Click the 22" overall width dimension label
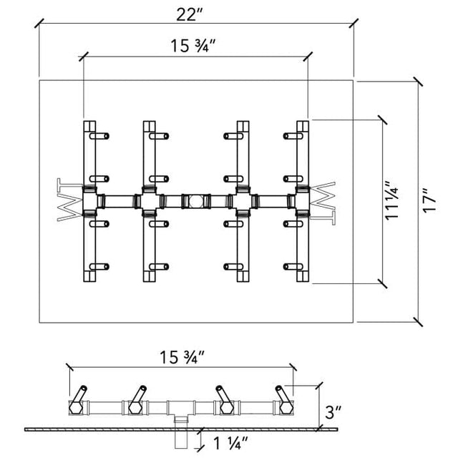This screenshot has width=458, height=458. [189, 14]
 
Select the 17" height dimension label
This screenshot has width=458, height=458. [429, 200]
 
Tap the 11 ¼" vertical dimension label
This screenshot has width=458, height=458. [391, 200]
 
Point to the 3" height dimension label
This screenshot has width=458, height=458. [333, 412]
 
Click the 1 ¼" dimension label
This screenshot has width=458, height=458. [230, 443]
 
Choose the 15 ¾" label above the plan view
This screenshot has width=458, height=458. [193, 46]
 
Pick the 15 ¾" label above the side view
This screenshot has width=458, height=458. [181, 357]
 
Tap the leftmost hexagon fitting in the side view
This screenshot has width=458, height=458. [77, 407]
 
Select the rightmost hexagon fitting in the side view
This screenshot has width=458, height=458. [286, 407]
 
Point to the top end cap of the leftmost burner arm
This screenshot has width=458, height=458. [89, 126]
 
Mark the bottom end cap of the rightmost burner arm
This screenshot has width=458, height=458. [303, 276]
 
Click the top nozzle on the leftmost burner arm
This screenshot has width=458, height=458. [99, 136]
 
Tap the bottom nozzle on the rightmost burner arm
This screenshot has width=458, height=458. [293, 266]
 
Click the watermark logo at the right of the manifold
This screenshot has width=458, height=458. [322, 203]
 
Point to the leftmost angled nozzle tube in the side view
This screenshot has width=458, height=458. [79, 394]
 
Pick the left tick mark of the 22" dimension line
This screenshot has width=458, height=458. [39, 23]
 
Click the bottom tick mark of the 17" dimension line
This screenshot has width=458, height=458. [418, 321]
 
